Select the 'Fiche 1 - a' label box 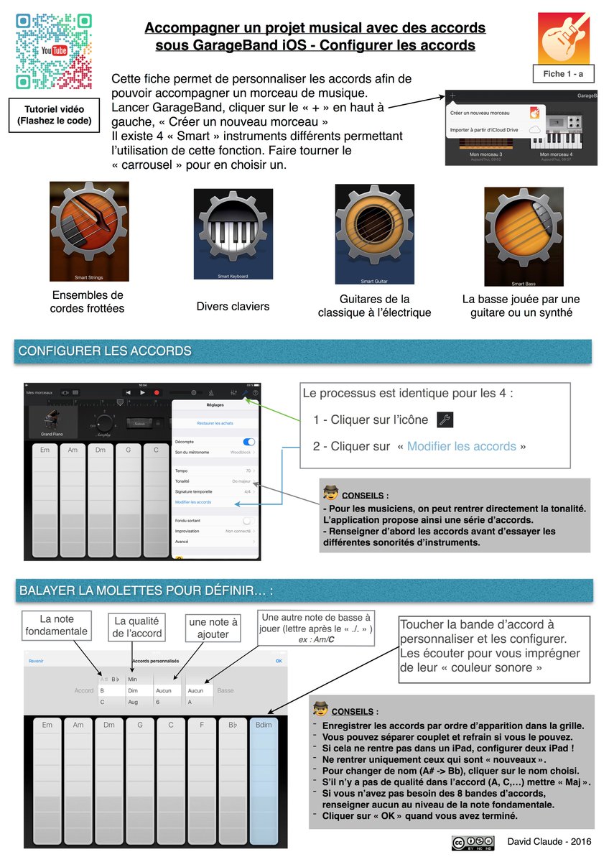564,74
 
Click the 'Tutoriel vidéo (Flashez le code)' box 55,115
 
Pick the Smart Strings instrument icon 89,231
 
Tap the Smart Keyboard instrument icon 233,234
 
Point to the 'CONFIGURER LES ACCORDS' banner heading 105,351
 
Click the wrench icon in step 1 445,420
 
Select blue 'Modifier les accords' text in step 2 461,446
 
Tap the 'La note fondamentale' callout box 57,626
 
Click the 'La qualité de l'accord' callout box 136,627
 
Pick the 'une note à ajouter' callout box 213,627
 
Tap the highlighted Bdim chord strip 264,783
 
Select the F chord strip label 202,725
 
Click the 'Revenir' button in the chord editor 36,660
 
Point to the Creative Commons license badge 472,842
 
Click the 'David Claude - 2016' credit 545,841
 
